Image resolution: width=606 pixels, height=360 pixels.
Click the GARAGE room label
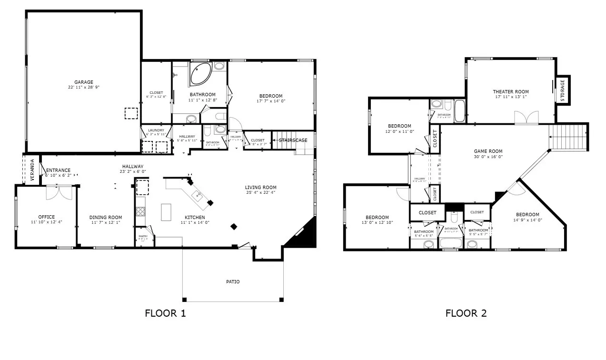[83, 82]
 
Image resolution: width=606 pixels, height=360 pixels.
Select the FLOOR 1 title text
[165, 313]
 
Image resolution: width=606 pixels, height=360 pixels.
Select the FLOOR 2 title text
[466, 313]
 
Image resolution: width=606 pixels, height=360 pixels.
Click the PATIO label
[233, 282]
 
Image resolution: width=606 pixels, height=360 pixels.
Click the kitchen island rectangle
[166, 212]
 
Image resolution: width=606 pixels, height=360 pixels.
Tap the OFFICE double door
[59, 192]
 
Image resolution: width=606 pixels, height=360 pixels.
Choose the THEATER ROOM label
[510, 92]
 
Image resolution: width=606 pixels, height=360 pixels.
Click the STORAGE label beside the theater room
[563, 90]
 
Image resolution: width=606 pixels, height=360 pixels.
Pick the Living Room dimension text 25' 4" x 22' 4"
[261, 193]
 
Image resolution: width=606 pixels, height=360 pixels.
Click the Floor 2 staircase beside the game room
[567, 137]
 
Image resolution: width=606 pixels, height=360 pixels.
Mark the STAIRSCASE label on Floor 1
[293, 140]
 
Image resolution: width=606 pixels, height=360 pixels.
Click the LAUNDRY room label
[156, 130]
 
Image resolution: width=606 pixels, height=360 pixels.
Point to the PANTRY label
[143, 236]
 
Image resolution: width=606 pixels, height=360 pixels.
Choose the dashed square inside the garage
[131, 113]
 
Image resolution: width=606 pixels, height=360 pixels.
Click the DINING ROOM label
[106, 218]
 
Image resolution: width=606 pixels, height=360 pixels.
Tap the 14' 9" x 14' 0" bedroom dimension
[527, 220]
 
